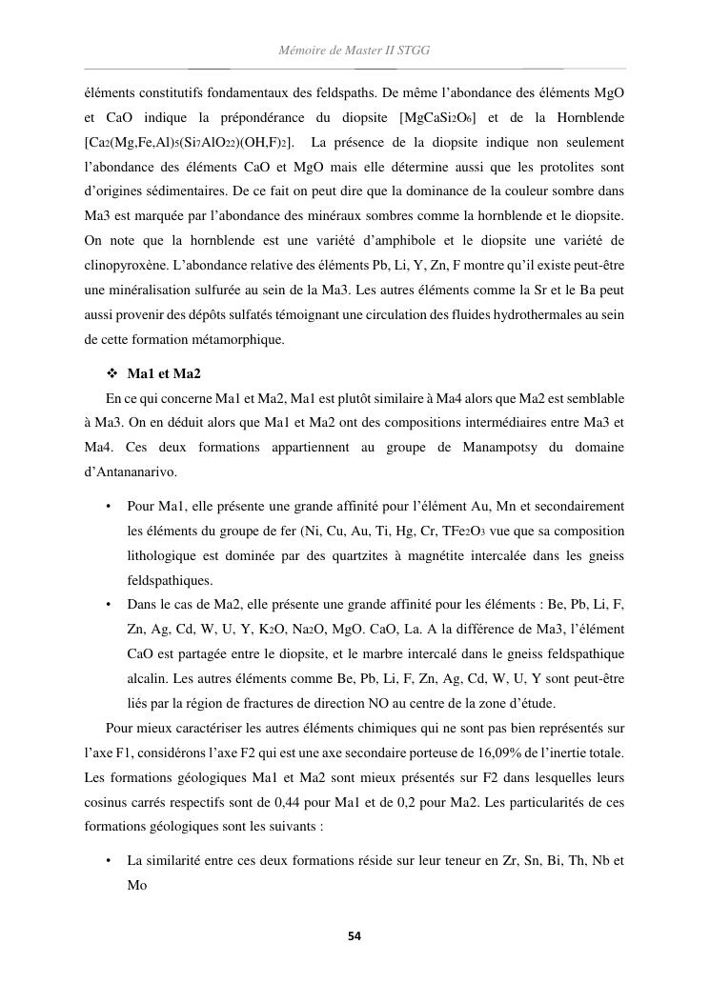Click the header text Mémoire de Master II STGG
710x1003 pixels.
(355, 50)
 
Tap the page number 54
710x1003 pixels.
(355, 936)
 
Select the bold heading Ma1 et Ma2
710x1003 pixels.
(163, 372)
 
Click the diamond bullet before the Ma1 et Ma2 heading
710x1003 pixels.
(112, 372)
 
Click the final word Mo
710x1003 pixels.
(138, 885)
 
